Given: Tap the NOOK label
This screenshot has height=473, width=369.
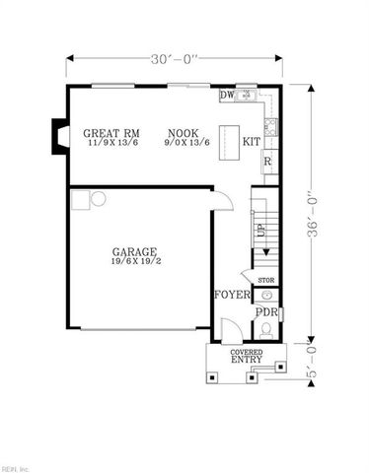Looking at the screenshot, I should pyautogui.click(x=183, y=133).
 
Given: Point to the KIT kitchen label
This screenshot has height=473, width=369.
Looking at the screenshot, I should pyautogui.click(x=252, y=142).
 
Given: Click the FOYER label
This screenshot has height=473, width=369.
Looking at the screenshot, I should pyautogui.click(x=231, y=295).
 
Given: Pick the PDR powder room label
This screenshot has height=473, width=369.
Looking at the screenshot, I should pyautogui.click(x=266, y=313).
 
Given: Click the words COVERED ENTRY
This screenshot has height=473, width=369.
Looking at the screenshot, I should pyautogui.click(x=247, y=356).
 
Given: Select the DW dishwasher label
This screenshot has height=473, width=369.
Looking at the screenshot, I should pyautogui.click(x=226, y=96).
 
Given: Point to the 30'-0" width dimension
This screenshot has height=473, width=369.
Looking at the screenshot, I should pyautogui.click(x=177, y=59).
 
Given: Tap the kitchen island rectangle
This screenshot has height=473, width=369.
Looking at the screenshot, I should pyautogui.click(x=232, y=137).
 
